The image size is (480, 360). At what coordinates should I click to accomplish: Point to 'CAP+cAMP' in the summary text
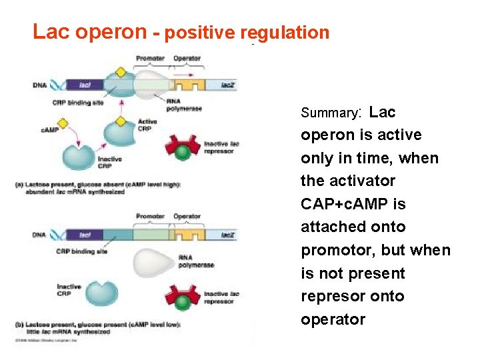tap(353, 204)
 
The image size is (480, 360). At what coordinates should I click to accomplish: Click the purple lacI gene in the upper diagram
tap(84, 85)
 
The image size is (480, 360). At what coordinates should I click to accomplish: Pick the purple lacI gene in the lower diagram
tap(84, 235)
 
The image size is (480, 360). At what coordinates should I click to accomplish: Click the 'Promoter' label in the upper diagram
tap(150, 59)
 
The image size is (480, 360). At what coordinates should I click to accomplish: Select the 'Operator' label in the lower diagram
tap(187, 217)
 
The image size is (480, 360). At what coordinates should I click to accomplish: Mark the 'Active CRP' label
tap(147, 125)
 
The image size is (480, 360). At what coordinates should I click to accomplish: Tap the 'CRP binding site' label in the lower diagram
tap(83, 251)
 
